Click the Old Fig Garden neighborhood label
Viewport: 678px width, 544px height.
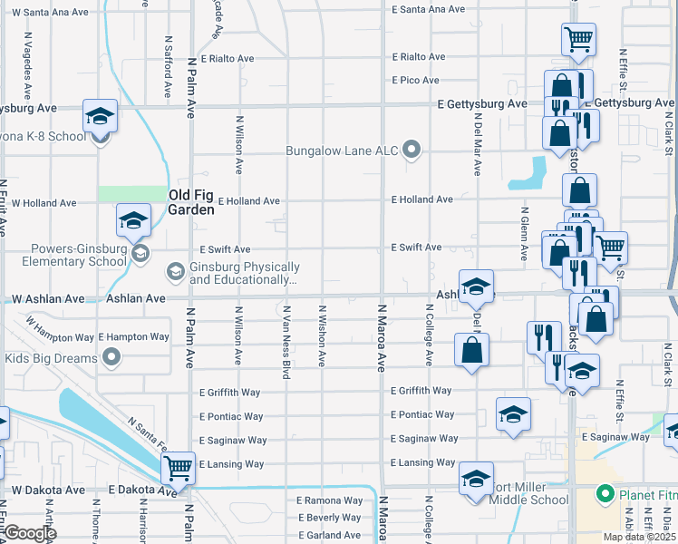click(x=190, y=201)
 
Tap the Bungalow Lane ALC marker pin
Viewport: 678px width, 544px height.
click(x=412, y=150)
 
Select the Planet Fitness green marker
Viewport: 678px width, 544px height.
click(x=605, y=495)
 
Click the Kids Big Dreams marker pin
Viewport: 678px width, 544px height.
click(x=112, y=358)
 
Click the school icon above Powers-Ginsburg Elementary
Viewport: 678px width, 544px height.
click(x=133, y=220)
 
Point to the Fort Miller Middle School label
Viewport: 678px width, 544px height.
click(x=529, y=499)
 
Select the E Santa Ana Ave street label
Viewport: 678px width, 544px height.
click(x=428, y=9)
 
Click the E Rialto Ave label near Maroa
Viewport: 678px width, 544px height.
click(x=418, y=56)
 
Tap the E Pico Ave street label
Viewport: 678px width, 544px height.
click(x=415, y=81)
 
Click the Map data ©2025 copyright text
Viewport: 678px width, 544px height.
click(x=640, y=537)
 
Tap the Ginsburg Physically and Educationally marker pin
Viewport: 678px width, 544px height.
click(x=174, y=271)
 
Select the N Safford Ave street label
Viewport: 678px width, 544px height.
click(x=168, y=67)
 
